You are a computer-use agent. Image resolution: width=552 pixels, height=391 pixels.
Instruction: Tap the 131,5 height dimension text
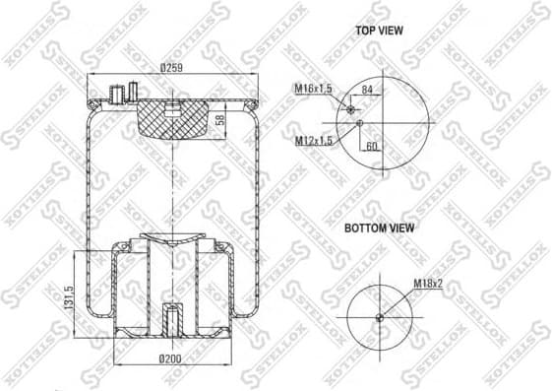click(x=70, y=293)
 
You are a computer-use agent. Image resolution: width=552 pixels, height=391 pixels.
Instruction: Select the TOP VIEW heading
click(x=379, y=31)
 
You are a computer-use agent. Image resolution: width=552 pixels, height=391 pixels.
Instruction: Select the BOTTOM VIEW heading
click(x=379, y=228)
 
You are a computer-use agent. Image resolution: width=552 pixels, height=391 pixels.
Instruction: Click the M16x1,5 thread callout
click(x=313, y=89)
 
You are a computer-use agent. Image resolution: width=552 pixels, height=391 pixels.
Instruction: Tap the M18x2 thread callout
click(x=426, y=283)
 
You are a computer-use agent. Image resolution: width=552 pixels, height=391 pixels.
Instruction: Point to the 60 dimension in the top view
click(x=372, y=146)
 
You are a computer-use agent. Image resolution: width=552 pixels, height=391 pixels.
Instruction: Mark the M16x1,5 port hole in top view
click(x=348, y=110)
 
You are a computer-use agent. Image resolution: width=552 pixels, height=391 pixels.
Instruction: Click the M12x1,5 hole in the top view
click(x=361, y=123)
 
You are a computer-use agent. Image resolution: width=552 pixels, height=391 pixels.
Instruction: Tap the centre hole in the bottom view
click(x=381, y=316)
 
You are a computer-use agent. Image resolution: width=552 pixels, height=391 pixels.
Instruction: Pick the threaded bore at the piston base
click(x=171, y=320)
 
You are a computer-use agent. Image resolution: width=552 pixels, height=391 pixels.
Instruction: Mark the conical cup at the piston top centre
click(x=171, y=237)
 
